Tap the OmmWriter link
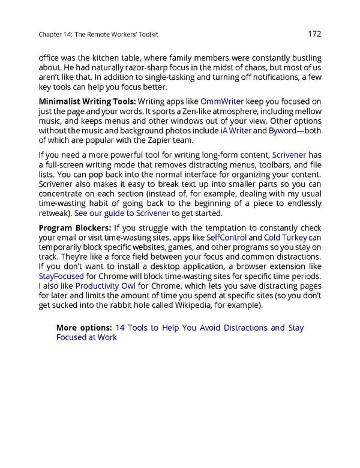221,101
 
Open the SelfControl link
226,238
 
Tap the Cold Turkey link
286,238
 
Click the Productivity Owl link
101,286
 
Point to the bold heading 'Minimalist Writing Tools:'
88,101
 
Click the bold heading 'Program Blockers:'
74,228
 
